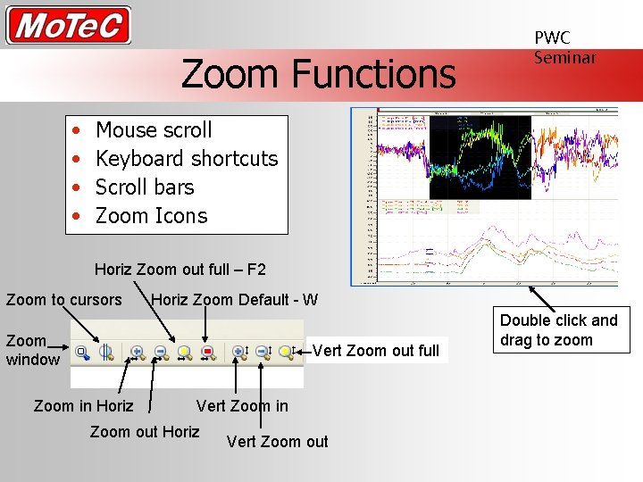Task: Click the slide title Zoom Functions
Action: [318, 74]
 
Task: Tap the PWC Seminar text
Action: [564, 47]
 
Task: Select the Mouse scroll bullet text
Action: [154, 130]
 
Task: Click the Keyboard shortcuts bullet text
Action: [187, 159]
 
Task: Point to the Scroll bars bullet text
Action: [145, 187]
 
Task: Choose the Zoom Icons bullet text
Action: [151, 216]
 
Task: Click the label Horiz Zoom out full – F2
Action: [180, 270]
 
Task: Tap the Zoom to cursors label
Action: [63, 300]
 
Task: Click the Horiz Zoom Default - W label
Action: [234, 300]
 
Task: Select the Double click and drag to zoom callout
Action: [558, 330]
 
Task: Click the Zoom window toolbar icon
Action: [82, 352]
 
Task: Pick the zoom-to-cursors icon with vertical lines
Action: [105, 352]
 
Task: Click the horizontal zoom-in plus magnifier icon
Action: [138, 352]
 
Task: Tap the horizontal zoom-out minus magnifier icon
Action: [161, 352]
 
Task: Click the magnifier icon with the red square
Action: [207, 352]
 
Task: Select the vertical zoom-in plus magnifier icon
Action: [239, 352]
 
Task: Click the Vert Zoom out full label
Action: [376, 351]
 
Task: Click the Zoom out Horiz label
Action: [145, 433]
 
